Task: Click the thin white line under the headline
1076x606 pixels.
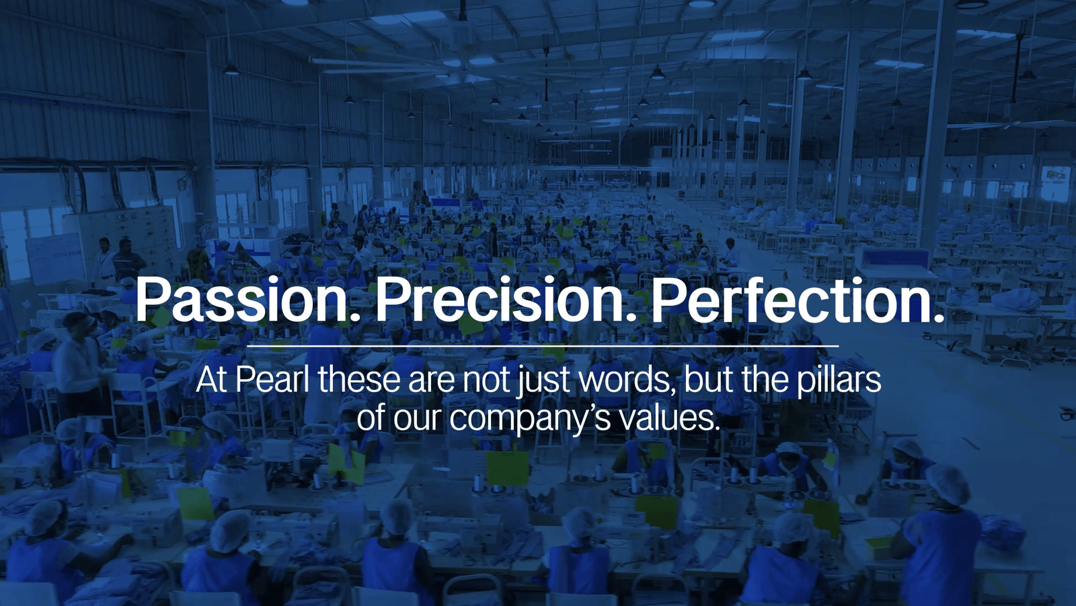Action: [x=543, y=346]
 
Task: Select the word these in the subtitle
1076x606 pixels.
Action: [x=359, y=380]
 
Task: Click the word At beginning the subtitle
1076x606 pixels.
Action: [x=213, y=380]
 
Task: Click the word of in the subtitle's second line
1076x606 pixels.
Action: [x=372, y=418]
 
